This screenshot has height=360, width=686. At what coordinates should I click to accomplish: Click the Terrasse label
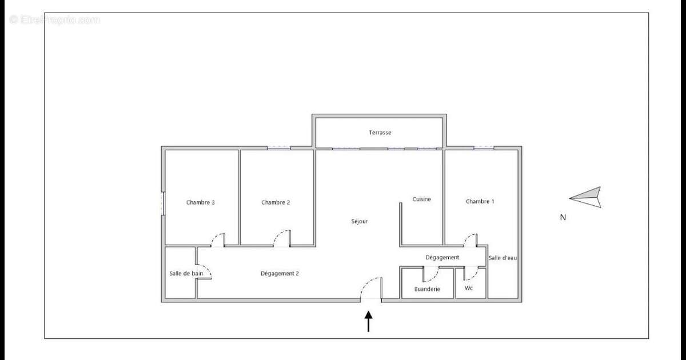click(380, 133)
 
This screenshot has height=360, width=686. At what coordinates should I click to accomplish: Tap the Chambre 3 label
click(201, 202)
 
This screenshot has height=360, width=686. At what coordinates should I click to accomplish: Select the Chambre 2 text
click(276, 202)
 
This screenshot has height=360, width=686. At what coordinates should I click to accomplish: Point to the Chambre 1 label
click(480, 201)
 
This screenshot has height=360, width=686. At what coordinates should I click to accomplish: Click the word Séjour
click(360, 221)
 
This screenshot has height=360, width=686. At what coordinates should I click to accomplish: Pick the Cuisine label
click(422, 199)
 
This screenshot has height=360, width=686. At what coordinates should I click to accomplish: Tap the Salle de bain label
click(186, 273)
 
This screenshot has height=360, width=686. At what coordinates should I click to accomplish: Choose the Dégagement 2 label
click(280, 273)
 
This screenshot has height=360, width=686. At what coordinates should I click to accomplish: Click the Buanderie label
click(427, 289)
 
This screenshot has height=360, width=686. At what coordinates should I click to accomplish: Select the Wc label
click(469, 288)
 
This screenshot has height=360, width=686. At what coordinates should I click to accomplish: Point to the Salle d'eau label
click(503, 258)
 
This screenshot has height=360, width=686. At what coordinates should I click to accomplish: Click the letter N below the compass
click(563, 217)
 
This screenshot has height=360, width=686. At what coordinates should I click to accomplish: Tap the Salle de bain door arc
click(205, 272)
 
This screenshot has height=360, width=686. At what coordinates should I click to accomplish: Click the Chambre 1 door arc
click(470, 239)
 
